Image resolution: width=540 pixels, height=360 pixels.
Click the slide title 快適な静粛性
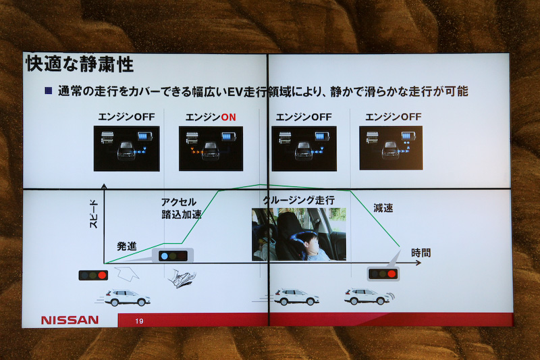point(79,65)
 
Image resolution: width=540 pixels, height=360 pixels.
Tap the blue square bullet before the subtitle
point(49,91)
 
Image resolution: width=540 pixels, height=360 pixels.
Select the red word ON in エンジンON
point(229,117)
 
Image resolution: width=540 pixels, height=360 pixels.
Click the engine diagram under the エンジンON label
point(211,148)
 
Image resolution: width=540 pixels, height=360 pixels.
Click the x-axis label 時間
point(421,253)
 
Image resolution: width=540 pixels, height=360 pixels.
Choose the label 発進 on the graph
point(127,247)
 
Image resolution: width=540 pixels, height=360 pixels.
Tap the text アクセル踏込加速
point(181,209)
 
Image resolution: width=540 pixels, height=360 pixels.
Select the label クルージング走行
point(298,201)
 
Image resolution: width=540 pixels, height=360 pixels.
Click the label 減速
point(383,208)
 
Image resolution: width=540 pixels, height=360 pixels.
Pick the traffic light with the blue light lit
point(172,256)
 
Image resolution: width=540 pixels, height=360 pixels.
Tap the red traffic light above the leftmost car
point(93,275)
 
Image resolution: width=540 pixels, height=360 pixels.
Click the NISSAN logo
point(70,319)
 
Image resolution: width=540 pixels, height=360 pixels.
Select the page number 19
point(140,321)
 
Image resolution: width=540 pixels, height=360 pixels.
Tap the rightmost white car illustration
point(367,297)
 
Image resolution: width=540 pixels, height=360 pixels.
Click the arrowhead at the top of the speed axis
point(104,186)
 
